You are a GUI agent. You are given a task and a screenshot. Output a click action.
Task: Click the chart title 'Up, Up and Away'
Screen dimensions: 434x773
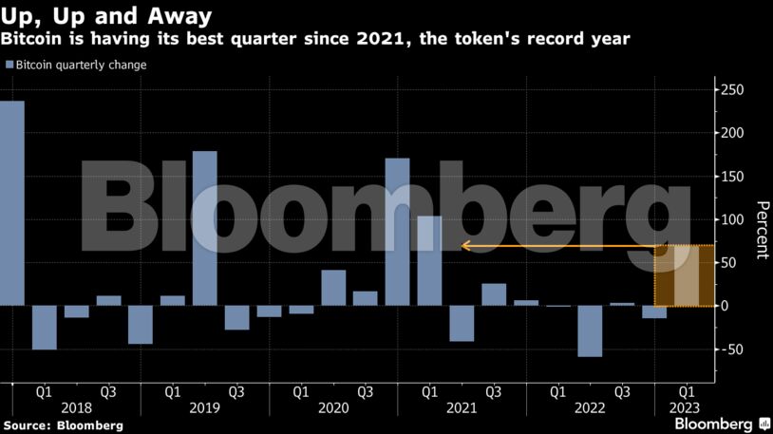click(105, 16)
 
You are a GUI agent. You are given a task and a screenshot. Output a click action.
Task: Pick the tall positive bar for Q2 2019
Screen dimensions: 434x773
click(204, 228)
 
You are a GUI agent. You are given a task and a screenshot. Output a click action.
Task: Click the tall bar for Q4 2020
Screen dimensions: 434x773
click(397, 232)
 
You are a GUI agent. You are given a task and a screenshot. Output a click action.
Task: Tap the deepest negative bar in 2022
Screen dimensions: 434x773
click(590, 330)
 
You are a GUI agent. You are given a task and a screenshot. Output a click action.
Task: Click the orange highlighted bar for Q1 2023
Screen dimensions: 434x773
click(686, 276)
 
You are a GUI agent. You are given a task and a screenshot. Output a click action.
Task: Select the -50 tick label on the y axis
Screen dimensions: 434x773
click(731, 349)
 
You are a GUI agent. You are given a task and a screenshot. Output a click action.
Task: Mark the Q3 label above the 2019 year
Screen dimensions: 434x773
click(236, 390)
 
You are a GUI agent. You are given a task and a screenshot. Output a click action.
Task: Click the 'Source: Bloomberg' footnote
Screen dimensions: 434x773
click(63, 425)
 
